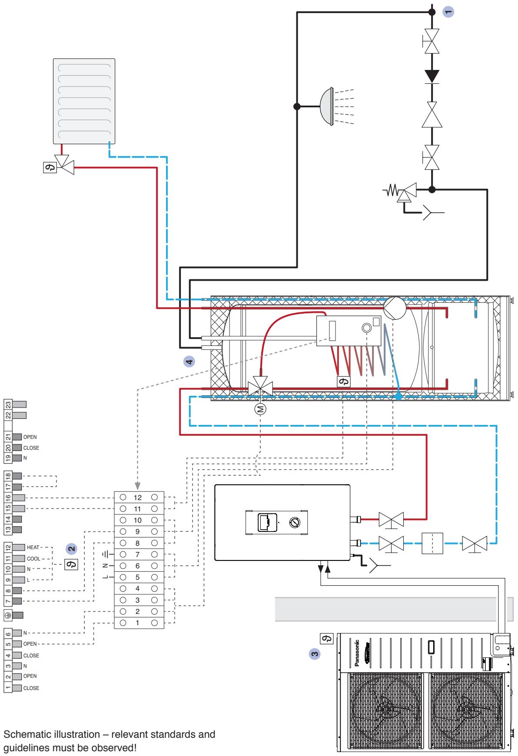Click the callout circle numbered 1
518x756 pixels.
point(448,12)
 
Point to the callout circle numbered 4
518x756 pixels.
point(188,361)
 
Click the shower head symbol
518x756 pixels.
point(327,106)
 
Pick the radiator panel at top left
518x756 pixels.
point(84,101)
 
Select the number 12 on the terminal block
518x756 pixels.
point(138,497)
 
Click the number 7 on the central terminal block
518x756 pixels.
point(138,554)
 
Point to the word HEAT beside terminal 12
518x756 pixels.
point(33,548)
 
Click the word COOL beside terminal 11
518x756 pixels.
point(33,558)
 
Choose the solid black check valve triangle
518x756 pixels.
point(432,76)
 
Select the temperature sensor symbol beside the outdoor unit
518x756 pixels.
point(327,638)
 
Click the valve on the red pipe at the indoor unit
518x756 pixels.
point(391,520)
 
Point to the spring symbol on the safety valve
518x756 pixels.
point(392,190)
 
